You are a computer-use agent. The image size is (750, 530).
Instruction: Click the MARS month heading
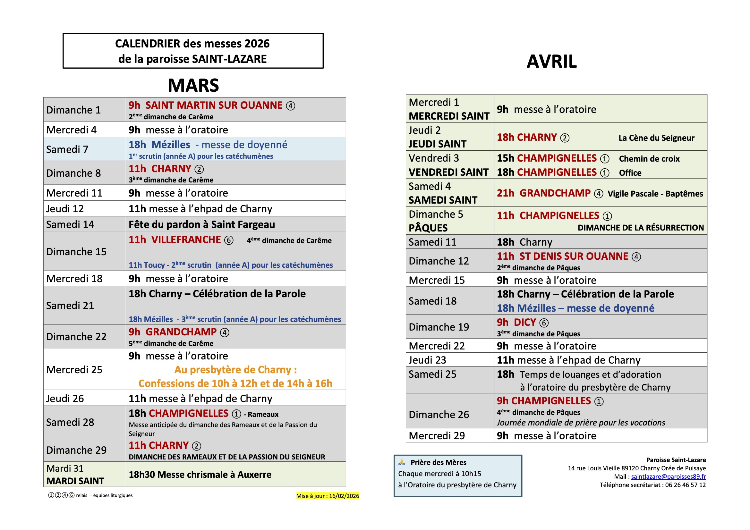(x=193, y=86)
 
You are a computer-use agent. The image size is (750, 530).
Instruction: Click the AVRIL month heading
(x=551, y=61)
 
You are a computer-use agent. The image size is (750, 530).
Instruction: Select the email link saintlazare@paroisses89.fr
(x=668, y=476)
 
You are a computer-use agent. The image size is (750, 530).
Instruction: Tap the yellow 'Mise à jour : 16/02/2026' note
(x=327, y=496)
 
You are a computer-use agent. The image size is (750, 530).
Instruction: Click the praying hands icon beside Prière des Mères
(x=402, y=462)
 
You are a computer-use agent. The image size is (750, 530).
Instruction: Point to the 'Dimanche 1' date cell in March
(x=73, y=110)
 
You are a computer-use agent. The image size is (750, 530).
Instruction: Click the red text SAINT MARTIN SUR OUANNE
(x=214, y=105)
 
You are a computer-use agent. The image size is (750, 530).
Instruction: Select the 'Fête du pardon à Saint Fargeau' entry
(x=201, y=224)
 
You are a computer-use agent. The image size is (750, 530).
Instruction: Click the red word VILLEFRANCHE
(x=186, y=240)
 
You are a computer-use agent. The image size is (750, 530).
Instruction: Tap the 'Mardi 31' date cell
(x=65, y=468)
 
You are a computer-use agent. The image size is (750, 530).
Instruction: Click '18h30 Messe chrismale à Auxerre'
(x=200, y=475)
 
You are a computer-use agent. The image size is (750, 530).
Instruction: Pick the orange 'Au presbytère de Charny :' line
(x=235, y=370)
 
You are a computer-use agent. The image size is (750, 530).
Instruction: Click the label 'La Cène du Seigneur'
(x=656, y=138)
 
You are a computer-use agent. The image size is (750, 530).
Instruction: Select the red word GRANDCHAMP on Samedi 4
(x=555, y=193)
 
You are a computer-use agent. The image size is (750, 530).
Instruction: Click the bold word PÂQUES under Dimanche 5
(x=428, y=228)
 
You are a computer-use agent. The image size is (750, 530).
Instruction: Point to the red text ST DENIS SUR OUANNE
(x=574, y=257)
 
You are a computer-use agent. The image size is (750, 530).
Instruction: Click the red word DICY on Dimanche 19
(x=524, y=322)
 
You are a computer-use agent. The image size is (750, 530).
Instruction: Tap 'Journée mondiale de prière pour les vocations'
(x=581, y=423)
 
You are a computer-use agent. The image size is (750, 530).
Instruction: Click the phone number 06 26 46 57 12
(x=685, y=485)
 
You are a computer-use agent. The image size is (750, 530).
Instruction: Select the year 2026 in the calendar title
(x=257, y=44)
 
